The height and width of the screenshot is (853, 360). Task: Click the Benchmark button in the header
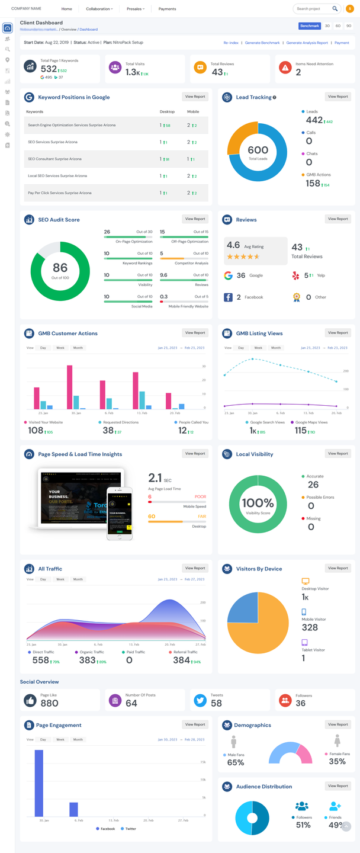pos(310,26)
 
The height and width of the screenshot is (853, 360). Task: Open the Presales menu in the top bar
pos(135,9)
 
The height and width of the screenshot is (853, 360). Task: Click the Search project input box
pos(314,9)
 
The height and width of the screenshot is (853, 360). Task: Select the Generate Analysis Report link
pos(307,43)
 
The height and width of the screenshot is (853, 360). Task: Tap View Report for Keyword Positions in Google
pos(195,97)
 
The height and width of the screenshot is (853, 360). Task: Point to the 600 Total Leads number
pos(258,150)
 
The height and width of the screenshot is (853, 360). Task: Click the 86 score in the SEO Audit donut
pos(60,268)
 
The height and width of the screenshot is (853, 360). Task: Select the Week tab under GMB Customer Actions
pos(60,348)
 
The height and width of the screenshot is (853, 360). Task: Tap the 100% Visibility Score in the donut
pos(258,504)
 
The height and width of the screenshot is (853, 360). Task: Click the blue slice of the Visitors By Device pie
pos(242,607)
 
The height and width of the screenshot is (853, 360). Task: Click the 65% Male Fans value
pos(236,762)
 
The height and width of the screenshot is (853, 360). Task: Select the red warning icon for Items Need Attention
pos(285,68)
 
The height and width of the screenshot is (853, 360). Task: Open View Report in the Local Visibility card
pos(338,454)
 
